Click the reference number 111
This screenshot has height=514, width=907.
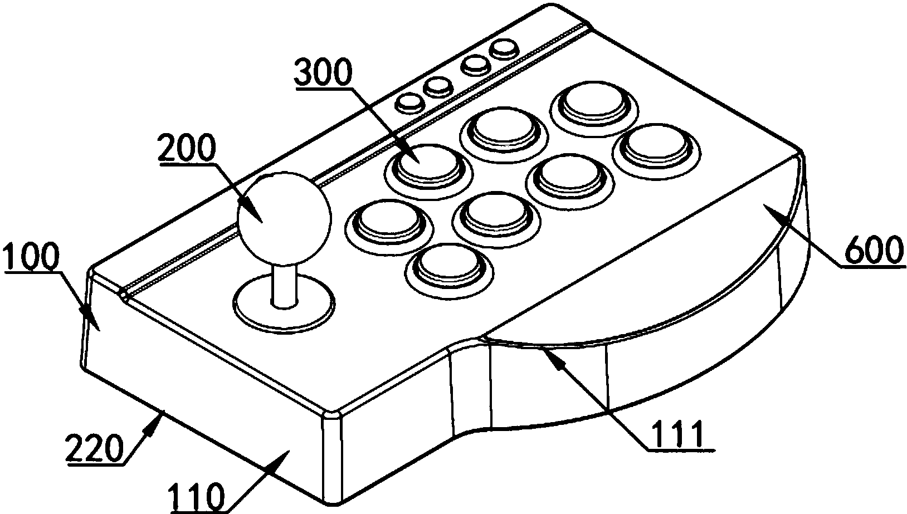click(x=675, y=435)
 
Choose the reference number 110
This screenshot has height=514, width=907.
click(x=197, y=498)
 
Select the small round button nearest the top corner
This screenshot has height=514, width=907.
click(x=504, y=50)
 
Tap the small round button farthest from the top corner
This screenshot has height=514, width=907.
click(x=409, y=104)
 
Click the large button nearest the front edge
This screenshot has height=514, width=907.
click(x=450, y=269)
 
